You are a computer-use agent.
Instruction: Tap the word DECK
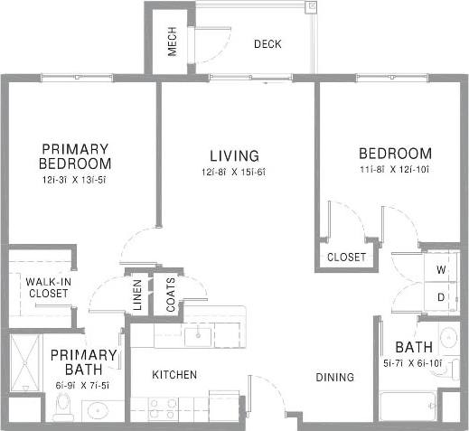pyautogui.click(x=267, y=43)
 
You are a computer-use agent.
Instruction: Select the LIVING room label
pyautogui.click(x=234, y=155)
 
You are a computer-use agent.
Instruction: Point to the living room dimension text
pyautogui.click(x=234, y=173)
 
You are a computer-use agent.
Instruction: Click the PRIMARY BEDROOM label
pyautogui.click(x=75, y=156)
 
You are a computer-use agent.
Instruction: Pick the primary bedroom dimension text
pyautogui.click(x=75, y=179)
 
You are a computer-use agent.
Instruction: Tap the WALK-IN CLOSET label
pyautogui.click(x=48, y=287)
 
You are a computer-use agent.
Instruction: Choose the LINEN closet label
pyautogui.click(x=138, y=295)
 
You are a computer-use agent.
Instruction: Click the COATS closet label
pyautogui.click(x=171, y=295)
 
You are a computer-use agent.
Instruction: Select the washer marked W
pyautogui.click(x=442, y=269)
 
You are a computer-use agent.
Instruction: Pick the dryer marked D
pyautogui.click(x=442, y=296)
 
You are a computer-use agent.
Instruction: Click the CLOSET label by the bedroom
pyautogui.click(x=346, y=257)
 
